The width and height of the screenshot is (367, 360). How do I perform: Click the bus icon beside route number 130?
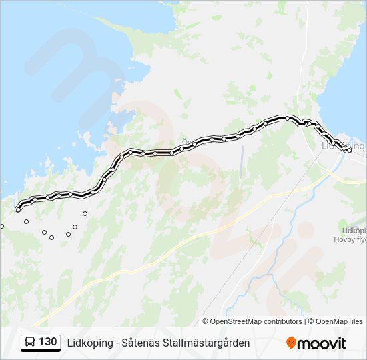pyautogui.click(x=30, y=343)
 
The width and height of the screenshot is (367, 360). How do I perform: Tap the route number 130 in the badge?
pyautogui.click(x=47, y=342)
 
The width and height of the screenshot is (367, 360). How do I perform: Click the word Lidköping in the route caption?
pyautogui.click(x=90, y=343)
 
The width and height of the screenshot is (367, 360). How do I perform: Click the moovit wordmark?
pyautogui.click(x=322, y=343)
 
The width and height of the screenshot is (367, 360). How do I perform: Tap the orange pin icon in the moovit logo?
pyautogui.click(x=291, y=343)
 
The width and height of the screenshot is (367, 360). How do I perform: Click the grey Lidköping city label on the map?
pyautogui.click(x=344, y=145)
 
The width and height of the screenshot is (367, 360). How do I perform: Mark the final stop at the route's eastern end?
pyautogui.click(x=349, y=151)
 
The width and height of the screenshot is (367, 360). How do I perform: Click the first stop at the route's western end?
pyautogui.click(x=18, y=210)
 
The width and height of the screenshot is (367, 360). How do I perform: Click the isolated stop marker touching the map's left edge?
pyautogui.click(x=2, y=226)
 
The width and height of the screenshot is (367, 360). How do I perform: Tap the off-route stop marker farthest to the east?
pyautogui.click(x=85, y=213)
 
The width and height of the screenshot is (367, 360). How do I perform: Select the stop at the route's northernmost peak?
pyautogui.click(x=287, y=118)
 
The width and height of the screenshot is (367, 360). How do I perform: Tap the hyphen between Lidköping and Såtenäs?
pyautogui.click(x=117, y=343)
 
